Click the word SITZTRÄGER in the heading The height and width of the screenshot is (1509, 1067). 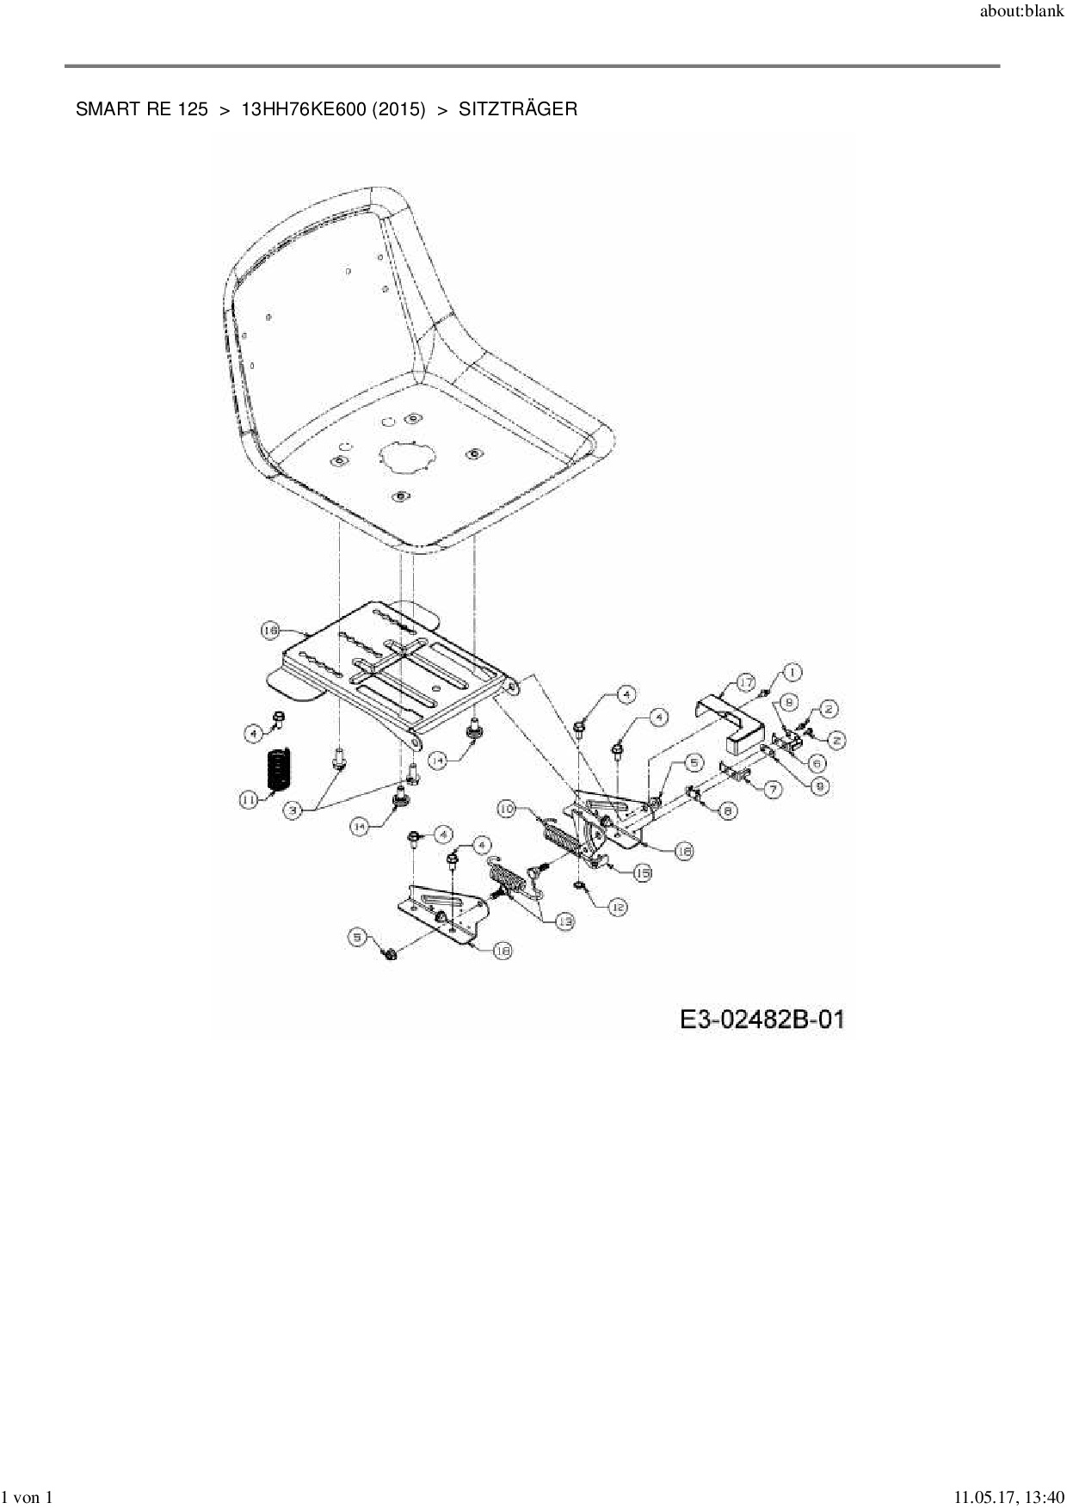(518, 109)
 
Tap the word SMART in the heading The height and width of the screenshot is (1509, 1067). (101, 109)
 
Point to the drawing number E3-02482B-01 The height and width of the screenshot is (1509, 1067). (762, 1020)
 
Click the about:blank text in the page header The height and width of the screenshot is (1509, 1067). (1021, 15)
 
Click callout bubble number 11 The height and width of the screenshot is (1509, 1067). (248, 800)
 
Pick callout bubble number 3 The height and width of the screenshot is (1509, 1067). (295, 810)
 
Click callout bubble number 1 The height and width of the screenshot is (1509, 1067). (793, 672)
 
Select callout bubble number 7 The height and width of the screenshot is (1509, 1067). (771, 788)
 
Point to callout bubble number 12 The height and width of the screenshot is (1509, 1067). (617, 907)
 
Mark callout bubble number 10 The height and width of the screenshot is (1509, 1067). (507, 809)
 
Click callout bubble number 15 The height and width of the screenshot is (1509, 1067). (642, 873)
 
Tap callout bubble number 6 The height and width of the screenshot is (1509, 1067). (817, 762)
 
